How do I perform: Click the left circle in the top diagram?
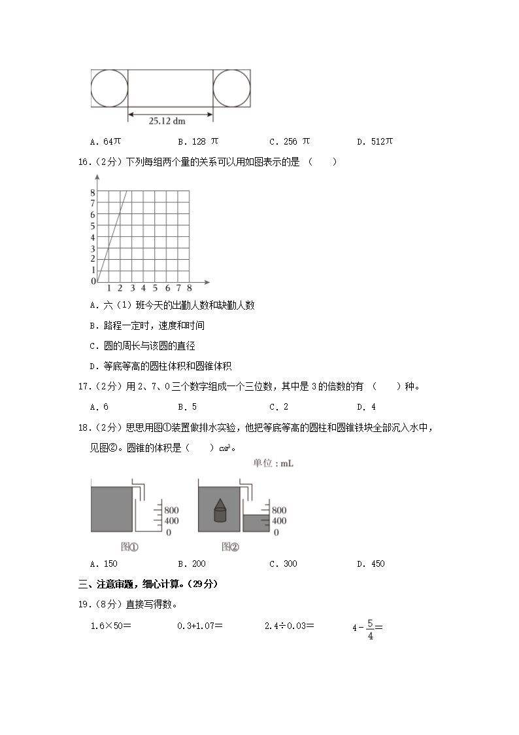point(109,88)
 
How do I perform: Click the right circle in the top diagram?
point(232,88)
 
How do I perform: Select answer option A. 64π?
point(104,141)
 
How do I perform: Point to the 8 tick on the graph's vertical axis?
point(93,192)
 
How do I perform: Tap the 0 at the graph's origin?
point(93,281)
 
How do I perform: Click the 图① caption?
point(129,546)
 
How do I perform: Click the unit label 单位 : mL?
point(273,463)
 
